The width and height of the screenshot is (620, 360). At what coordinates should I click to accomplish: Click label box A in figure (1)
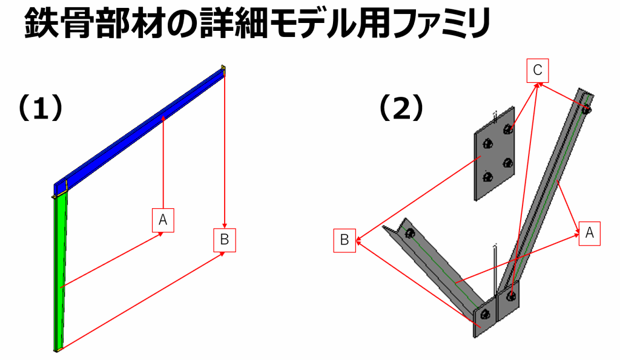coord(163,220)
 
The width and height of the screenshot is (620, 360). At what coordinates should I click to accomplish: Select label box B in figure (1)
coord(225,240)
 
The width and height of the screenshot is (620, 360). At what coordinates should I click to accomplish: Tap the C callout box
coord(538,70)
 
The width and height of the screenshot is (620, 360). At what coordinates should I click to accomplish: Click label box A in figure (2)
coord(590,233)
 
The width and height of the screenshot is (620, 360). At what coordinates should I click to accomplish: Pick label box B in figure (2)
coord(345,240)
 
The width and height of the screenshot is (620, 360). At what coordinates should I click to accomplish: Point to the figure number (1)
coord(41,108)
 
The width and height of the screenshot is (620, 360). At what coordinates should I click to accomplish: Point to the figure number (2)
coord(401,108)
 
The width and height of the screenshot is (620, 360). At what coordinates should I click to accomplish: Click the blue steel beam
coord(139,129)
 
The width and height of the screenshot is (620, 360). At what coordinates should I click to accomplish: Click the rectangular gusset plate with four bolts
coord(495,154)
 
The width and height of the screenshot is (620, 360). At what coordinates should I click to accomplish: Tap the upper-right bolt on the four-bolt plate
coord(508,129)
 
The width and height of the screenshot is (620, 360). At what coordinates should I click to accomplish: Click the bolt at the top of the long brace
coord(587,109)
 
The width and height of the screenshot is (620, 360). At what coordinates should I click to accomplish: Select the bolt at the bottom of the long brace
coord(511,296)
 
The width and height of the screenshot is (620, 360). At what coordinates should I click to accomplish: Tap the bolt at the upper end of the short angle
coord(410,233)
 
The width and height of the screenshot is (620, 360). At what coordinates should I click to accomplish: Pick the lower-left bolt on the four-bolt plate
coord(487,177)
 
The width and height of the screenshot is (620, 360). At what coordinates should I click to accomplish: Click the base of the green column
coord(58,349)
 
